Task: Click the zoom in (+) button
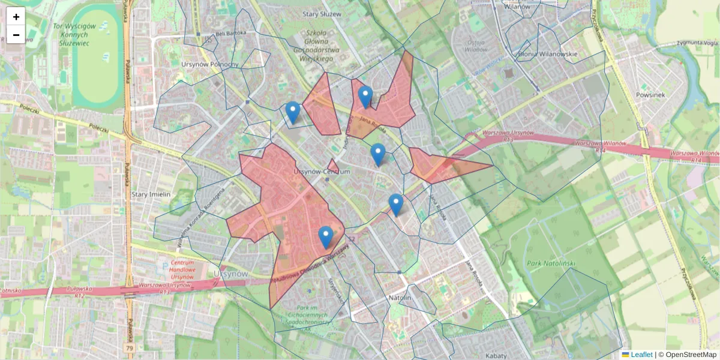coord(16,17)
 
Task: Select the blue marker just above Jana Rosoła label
coord(365,97)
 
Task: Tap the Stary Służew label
coord(322,14)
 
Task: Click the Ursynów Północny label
coord(209,64)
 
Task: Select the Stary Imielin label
coord(151,194)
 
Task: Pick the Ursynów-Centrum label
coord(322,172)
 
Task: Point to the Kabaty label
coord(496,356)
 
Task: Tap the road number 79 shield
coord(130,348)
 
